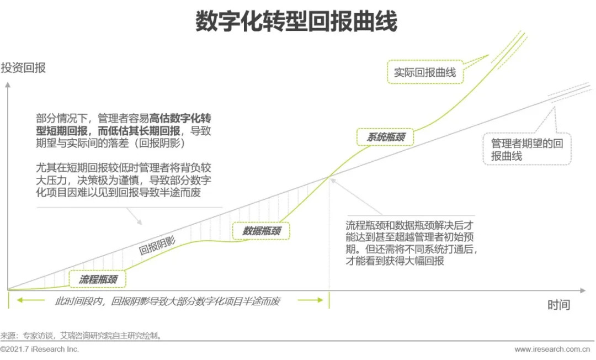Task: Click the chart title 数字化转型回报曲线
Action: (296, 22)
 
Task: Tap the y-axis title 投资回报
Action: (23, 68)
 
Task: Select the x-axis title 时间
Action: (558, 305)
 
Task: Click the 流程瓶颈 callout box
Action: (98, 279)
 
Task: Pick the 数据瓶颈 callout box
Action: (261, 231)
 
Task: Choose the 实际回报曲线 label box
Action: (424, 72)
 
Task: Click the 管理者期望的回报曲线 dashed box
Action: (527, 149)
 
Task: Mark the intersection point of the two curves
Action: (329, 176)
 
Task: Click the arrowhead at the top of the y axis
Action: (7, 85)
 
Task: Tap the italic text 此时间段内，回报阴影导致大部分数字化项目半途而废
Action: (168, 301)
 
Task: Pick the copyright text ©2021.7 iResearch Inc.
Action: (40, 350)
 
